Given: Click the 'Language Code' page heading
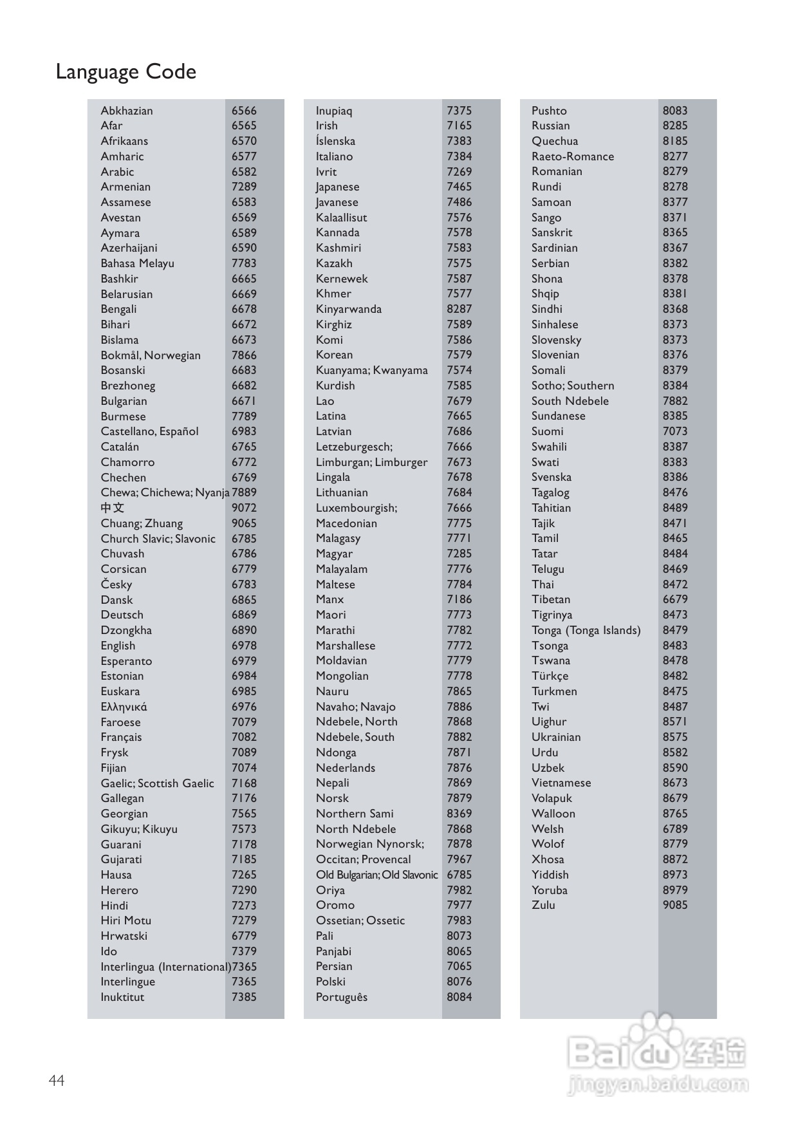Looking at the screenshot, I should point(125,71).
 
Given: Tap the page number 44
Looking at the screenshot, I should point(57,1080).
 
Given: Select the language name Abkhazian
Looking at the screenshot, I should point(127,111).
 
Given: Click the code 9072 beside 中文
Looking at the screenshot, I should point(244,508).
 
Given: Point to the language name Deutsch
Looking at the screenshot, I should point(122,615).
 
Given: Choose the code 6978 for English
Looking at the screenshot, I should point(244,646).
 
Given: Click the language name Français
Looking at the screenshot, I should point(121,737).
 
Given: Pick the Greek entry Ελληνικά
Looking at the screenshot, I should point(124,707).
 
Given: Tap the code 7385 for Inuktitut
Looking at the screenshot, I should point(244,997).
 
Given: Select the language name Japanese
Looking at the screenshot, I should point(337,187).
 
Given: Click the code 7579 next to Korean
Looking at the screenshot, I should point(459,355).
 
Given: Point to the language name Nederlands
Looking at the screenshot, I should point(345,768).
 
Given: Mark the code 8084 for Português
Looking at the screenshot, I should point(459,997).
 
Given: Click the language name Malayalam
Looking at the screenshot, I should point(341,569).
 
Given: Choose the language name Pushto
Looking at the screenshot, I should point(549,111).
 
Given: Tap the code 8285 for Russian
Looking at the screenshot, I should point(675,126).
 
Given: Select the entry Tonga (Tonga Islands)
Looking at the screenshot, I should point(586,630).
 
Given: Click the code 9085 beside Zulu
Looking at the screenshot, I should point(675,905).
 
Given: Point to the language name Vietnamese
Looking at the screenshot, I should point(561,783).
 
